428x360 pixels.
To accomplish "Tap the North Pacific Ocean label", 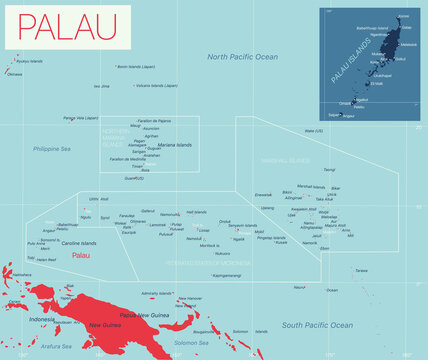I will pos(242,58).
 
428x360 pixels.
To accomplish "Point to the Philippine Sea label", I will pos(51,149).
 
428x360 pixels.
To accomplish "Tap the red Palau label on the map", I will pos(86,255).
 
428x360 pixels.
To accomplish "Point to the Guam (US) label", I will pos(134,179).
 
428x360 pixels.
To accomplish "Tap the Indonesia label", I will pos(41,319).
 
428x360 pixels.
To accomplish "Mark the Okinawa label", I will pos(14,74).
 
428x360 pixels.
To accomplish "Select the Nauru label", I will pos(299,287).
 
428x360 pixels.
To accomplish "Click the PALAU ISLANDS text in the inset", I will pos(346,72).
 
